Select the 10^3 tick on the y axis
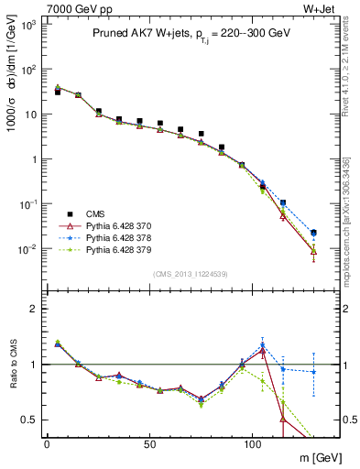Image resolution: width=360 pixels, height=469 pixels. (28, 25)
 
